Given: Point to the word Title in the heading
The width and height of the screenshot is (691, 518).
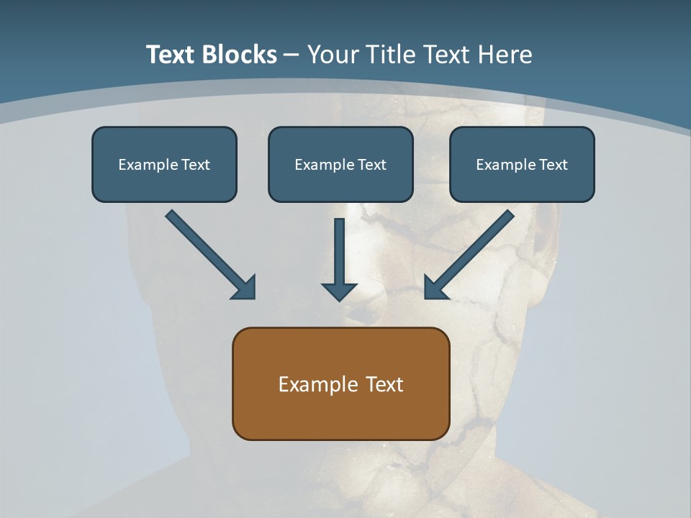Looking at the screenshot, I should pos(392,55).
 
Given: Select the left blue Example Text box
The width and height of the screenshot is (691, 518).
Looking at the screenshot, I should pos(164,164).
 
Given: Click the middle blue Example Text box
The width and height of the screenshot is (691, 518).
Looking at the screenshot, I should pos(340,164).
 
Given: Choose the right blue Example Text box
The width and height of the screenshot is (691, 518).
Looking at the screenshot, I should pos(522,164).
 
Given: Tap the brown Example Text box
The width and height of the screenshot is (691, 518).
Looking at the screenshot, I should pos(340,383).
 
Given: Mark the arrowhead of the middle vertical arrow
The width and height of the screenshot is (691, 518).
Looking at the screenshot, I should pos(339,291).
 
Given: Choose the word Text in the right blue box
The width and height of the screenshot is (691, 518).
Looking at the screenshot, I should pos(554,165).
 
